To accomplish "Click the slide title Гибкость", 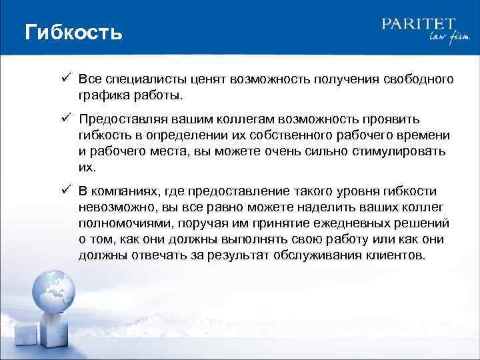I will tap(73, 32).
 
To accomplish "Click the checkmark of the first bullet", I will tap(67, 79).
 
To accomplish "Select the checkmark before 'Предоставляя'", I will tap(67, 119).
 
